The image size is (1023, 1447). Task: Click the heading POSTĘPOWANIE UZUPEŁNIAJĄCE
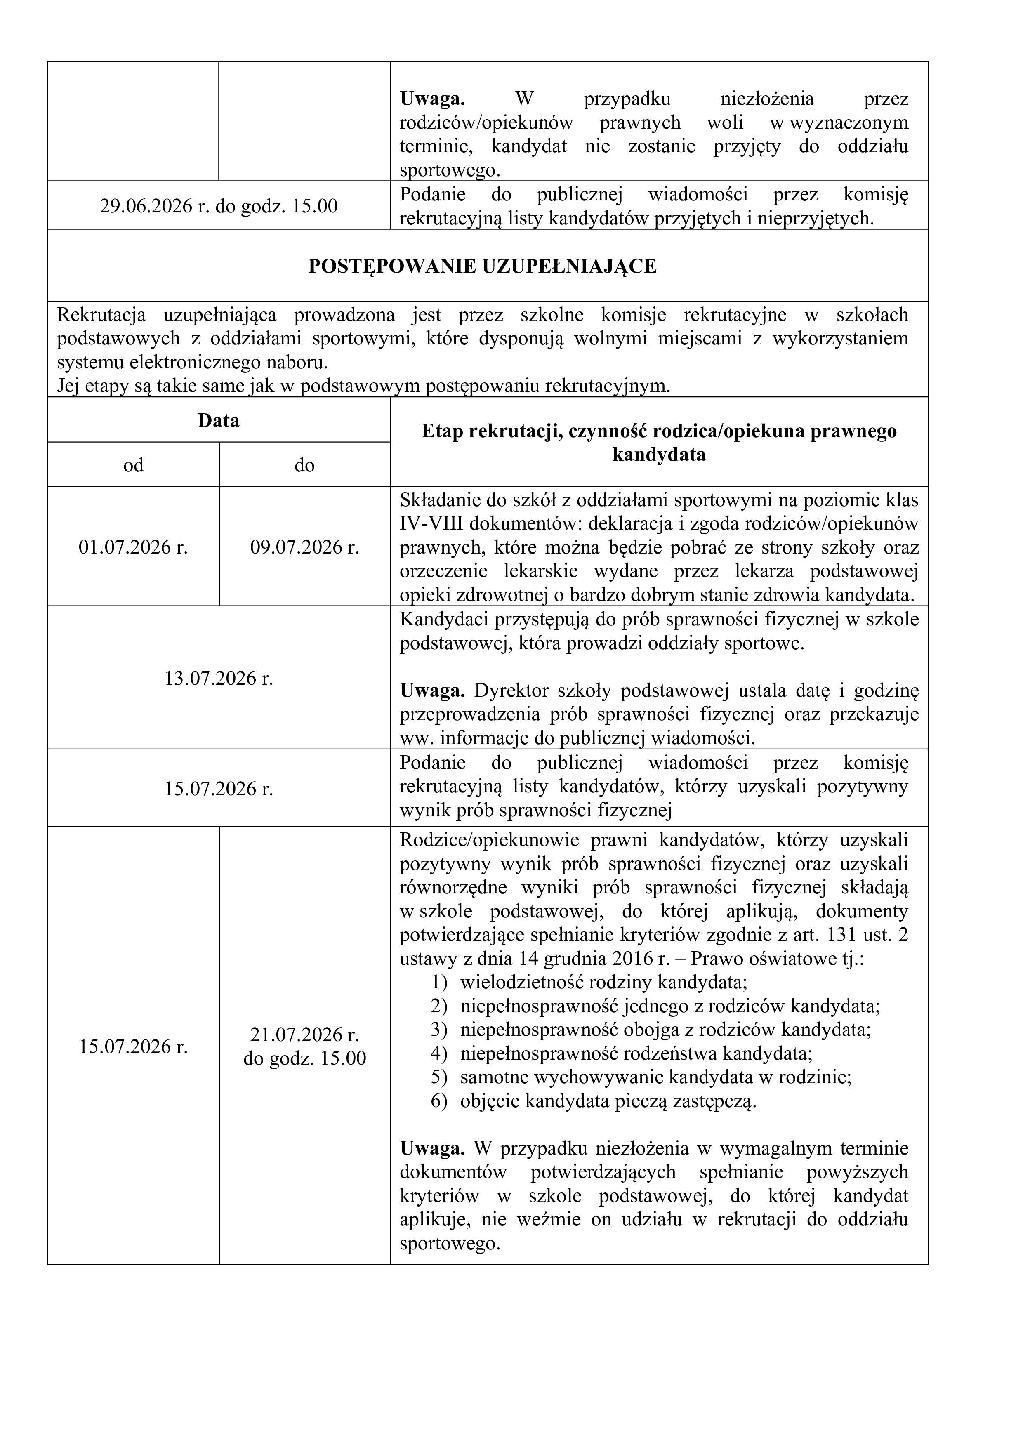click(x=482, y=266)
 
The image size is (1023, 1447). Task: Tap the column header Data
click(x=219, y=420)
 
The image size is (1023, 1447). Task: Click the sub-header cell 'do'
click(x=304, y=465)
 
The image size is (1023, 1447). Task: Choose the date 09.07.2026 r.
click(x=304, y=547)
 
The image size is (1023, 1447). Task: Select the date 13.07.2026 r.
click(x=219, y=678)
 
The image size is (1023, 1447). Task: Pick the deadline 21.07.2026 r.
click(x=304, y=1035)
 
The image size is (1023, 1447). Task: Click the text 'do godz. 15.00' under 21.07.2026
click(x=304, y=1058)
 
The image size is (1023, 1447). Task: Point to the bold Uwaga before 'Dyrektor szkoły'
click(x=432, y=691)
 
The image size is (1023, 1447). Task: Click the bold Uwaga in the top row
click(x=432, y=99)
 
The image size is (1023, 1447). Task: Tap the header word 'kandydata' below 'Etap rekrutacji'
click(x=659, y=455)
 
